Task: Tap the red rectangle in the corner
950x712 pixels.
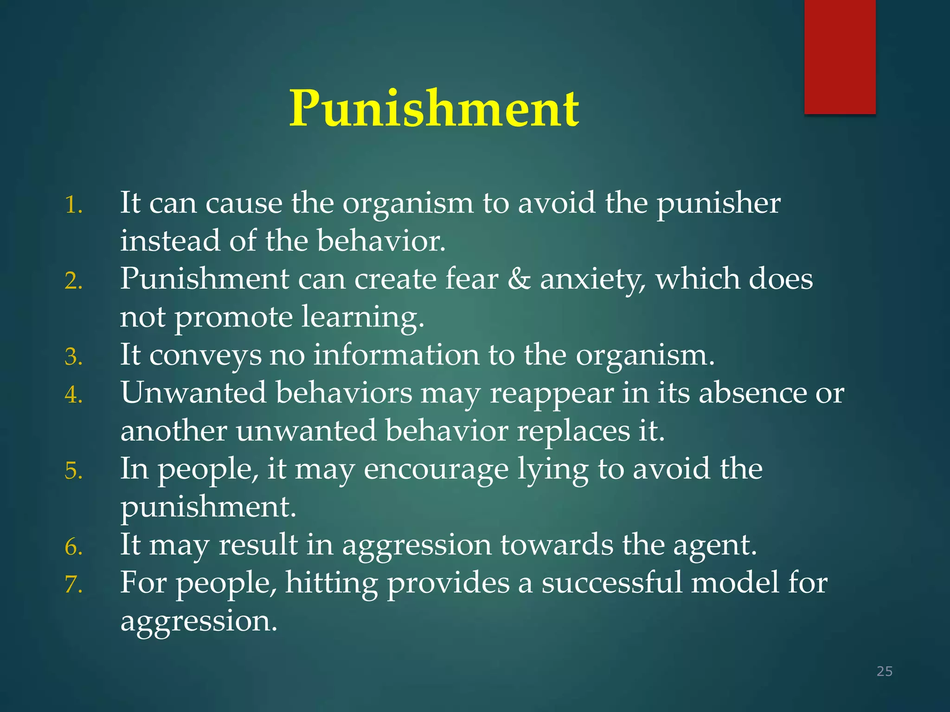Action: (x=840, y=57)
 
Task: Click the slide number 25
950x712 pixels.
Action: (x=884, y=671)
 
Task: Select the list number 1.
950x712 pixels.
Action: (x=73, y=205)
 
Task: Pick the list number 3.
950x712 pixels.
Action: (x=73, y=357)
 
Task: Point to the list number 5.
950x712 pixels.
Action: (x=73, y=471)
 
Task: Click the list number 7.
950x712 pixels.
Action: (x=73, y=585)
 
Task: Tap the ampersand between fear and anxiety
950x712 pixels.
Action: (x=519, y=279)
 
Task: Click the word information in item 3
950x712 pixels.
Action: (x=396, y=355)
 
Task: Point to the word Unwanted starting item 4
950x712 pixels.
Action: (x=193, y=393)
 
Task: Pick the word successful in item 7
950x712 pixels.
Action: (x=612, y=583)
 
